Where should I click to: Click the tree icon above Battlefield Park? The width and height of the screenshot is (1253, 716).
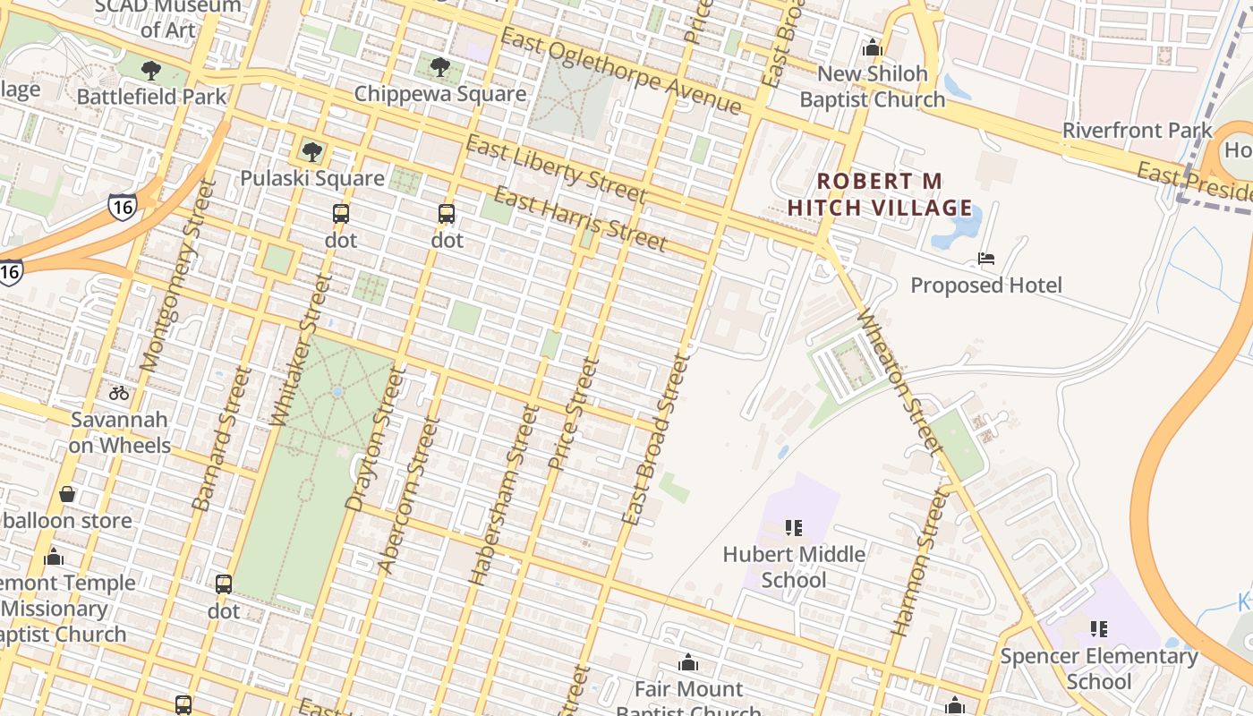click(x=151, y=70)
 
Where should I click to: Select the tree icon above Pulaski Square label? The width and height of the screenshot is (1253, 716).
click(x=311, y=151)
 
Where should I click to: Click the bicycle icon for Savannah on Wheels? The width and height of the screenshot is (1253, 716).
click(x=119, y=393)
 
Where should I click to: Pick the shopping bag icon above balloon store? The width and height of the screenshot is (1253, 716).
click(x=66, y=494)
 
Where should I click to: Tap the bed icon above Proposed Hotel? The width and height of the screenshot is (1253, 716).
click(x=986, y=260)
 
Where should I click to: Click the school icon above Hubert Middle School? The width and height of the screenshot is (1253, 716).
click(x=794, y=528)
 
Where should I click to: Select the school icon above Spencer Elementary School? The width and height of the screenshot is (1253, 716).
click(x=1099, y=629)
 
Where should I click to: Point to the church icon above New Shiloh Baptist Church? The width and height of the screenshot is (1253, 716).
click(x=873, y=47)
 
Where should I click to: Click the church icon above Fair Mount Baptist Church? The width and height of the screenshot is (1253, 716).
click(x=688, y=663)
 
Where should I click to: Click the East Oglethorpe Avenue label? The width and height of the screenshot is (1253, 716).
click(x=621, y=72)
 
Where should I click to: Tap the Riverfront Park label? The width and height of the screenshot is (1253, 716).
click(x=1137, y=131)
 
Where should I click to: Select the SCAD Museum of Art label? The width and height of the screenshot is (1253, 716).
click(x=167, y=18)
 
